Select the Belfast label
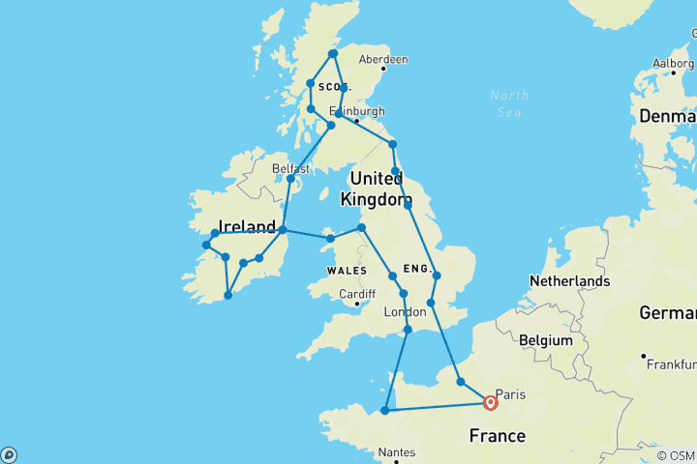coord(291,167)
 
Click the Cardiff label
coord(356,295)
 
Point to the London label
coord(406,312)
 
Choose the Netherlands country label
coord(569,281)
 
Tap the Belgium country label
coord(546,341)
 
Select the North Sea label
coord(509,103)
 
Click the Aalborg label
coord(673,63)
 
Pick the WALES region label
coord(347,271)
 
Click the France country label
coord(498,436)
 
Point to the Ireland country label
coord(248,226)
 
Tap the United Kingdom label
coord(378,188)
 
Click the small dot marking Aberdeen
coord(383,69)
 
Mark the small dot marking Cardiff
coord(358,304)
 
